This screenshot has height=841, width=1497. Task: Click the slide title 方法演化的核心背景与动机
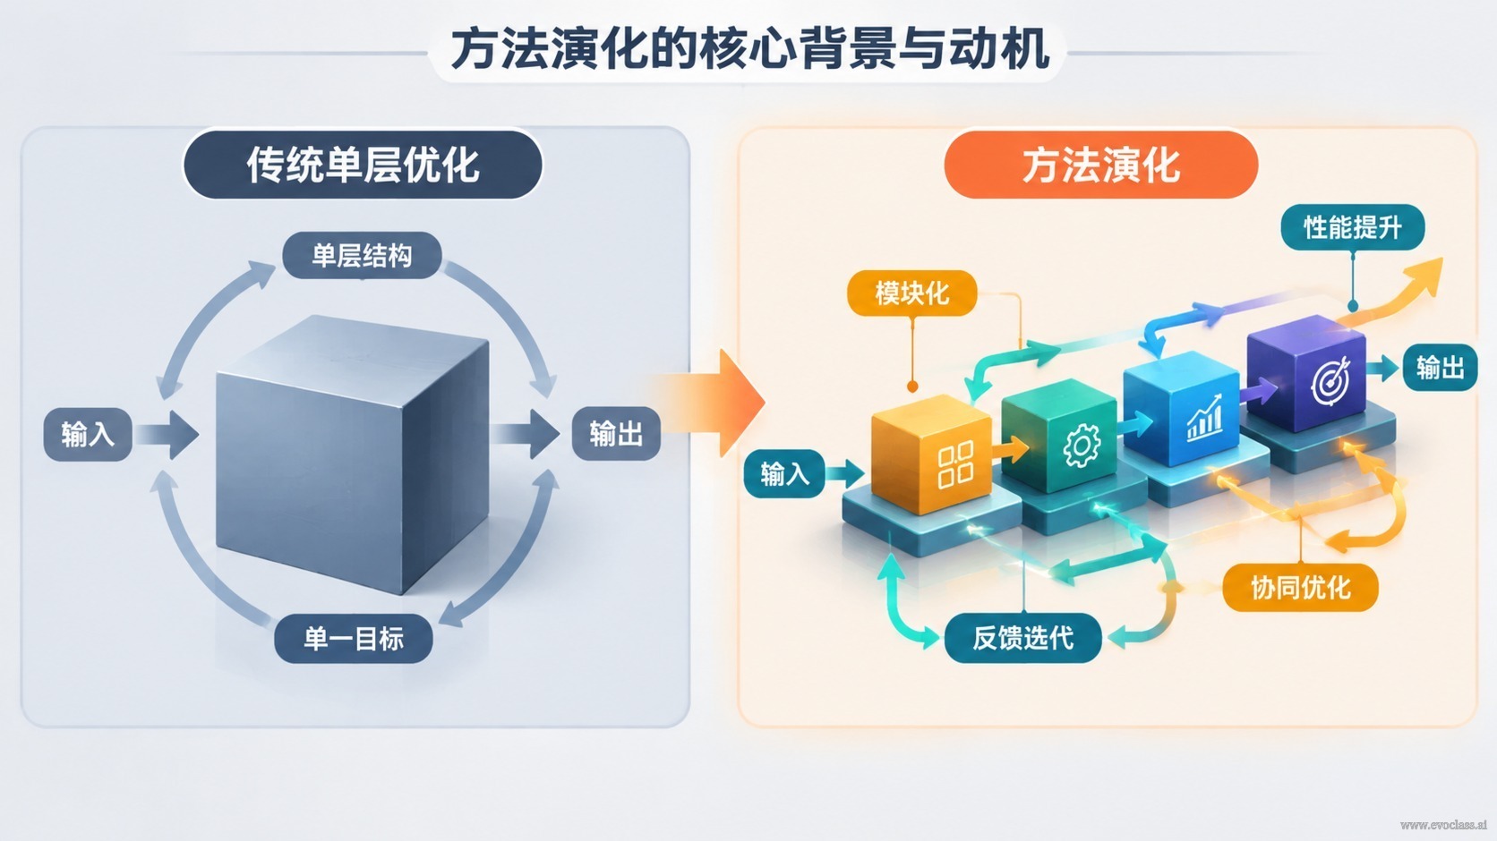tap(749, 49)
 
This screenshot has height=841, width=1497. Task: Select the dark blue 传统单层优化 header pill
tap(363, 165)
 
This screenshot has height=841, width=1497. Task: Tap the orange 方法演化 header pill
tap(1100, 165)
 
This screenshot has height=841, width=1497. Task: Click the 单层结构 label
tap(362, 255)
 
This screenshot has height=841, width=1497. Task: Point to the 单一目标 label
tap(354, 639)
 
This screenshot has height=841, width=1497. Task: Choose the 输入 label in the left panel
tap(88, 434)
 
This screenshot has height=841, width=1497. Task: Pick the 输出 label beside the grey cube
tap(616, 434)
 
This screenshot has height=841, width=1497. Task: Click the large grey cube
tap(352, 454)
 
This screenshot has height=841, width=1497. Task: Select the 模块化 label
tap(912, 293)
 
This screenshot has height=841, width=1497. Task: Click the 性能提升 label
tap(1353, 228)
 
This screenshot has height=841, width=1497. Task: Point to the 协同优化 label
tap(1301, 588)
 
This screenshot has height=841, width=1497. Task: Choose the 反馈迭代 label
tap(1023, 638)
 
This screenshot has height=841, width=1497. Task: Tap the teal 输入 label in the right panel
tap(784, 474)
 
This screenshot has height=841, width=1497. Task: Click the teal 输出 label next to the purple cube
tap(1441, 368)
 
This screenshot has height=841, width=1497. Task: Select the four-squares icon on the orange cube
tap(955, 464)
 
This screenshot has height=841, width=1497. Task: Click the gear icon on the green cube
tap(1082, 446)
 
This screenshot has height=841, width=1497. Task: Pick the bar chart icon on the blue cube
tap(1204, 418)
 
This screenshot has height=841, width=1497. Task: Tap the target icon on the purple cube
tap(1330, 380)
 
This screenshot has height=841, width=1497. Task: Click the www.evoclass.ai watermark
tap(1443, 825)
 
